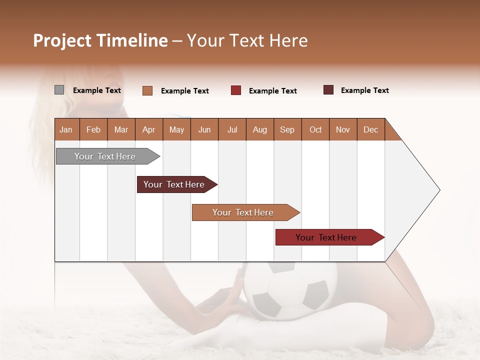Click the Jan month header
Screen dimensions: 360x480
coord(66,129)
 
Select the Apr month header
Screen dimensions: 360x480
coord(149,129)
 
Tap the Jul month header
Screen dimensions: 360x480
coord(232,129)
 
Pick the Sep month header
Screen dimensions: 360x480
coord(287,129)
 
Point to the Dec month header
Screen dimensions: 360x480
coord(370,129)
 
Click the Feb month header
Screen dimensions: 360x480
coord(93,129)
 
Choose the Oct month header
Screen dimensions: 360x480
coord(315,129)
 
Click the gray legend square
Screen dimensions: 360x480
coord(59,90)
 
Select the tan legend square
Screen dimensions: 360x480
coord(147,90)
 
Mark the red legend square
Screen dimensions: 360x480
coord(236,90)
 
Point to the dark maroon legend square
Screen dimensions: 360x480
coord(328,90)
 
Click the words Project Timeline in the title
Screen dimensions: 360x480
coord(100,40)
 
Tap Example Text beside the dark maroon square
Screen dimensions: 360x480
coord(364,90)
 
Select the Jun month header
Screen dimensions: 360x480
coord(204,129)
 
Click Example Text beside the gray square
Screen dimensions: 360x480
coord(96,90)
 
